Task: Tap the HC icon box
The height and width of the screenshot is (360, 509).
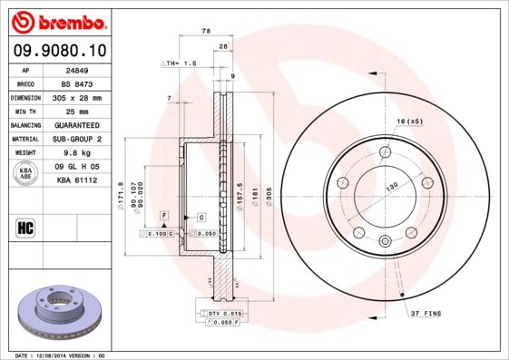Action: coord(26,227)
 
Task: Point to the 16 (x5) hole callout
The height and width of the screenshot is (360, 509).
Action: coord(409,121)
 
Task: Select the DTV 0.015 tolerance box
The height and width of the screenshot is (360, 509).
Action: coord(218,313)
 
